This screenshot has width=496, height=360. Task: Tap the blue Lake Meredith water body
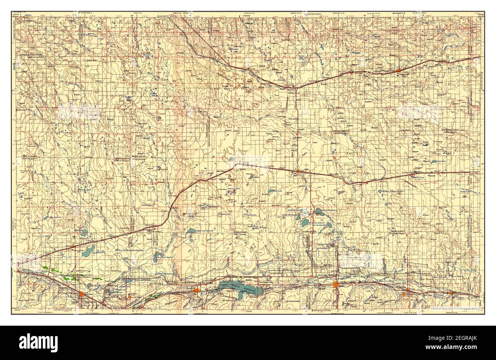89,251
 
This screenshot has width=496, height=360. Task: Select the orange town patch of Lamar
336,285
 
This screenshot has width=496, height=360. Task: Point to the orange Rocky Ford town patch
82,294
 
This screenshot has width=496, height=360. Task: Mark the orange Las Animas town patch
196,291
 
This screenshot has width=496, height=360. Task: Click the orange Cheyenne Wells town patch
398,70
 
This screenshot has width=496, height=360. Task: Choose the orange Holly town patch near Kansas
451,293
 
